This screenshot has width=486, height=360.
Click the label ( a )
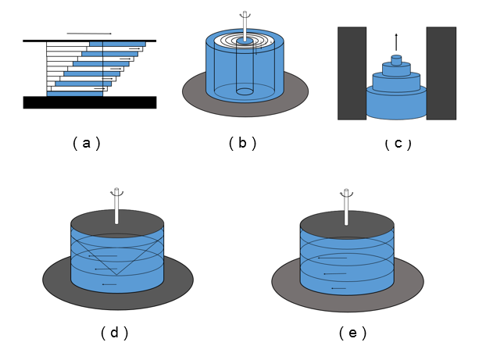86,143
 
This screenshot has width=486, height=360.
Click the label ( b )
242,143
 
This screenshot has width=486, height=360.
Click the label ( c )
398,143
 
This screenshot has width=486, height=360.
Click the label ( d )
114,333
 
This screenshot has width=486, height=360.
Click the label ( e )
352,333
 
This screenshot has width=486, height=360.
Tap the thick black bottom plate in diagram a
89,102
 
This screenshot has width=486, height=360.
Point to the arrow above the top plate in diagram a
89,34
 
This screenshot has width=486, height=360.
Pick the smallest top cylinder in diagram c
396,60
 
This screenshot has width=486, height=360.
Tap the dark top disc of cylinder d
117,221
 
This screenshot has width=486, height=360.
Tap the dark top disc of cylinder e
347,222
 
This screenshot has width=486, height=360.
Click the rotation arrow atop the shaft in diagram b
245,15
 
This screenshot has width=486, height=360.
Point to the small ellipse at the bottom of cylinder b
245,91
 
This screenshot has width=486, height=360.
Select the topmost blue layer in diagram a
117,44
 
